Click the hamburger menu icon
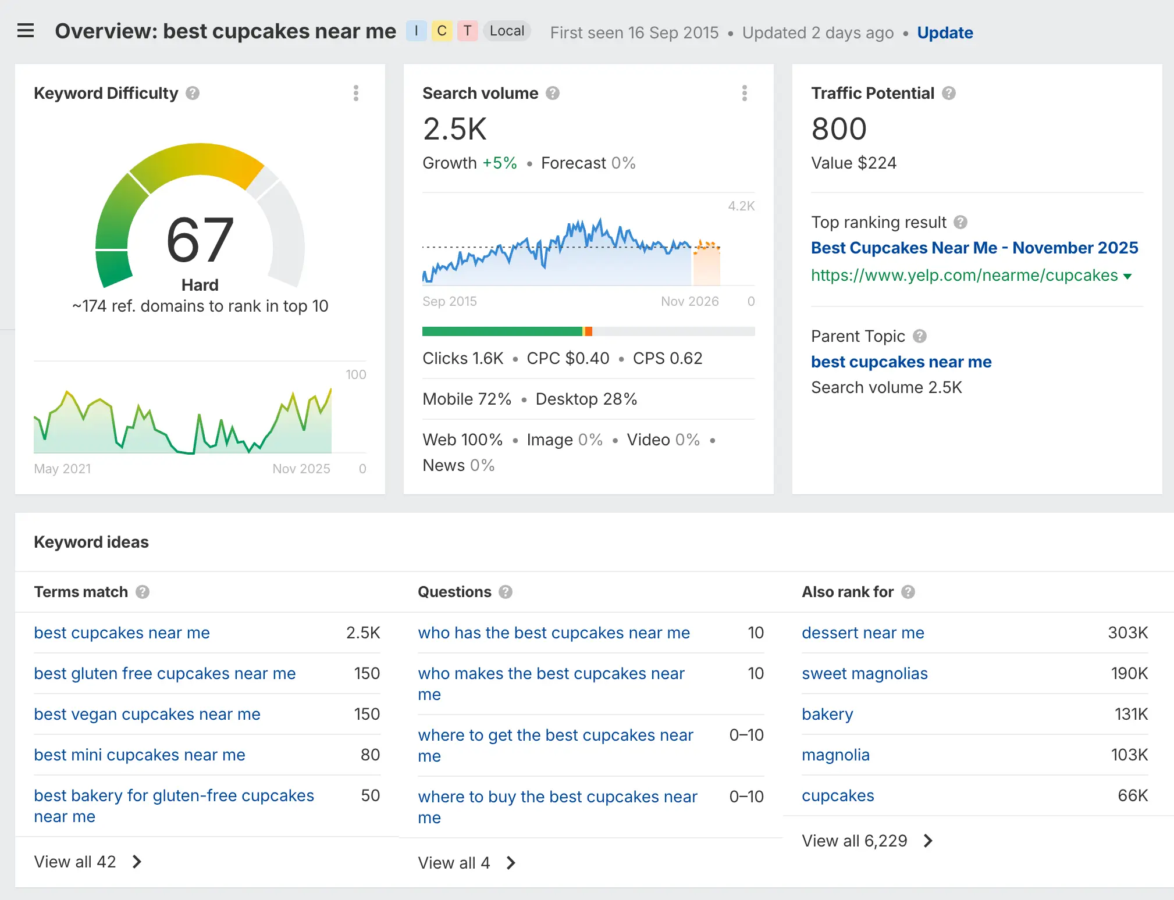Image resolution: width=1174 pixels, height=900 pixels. [x=26, y=31]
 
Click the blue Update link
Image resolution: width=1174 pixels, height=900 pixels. [x=945, y=33]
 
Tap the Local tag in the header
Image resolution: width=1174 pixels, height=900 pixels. [x=507, y=31]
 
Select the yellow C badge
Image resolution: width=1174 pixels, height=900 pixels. [x=442, y=31]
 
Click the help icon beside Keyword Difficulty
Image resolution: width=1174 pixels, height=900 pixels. [x=193, y=93]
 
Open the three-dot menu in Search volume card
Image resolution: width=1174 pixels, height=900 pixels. [x=744, y=93]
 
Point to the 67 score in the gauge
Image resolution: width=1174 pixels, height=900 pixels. [x=200, y=240]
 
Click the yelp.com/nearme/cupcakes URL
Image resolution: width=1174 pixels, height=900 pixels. [x=964, y=275]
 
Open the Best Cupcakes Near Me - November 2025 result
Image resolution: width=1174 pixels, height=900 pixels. [x=974, y=248]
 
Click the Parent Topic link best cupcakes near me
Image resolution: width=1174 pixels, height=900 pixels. [x=901, y=362]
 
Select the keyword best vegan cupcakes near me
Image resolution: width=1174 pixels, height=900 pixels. [x=147, y=714]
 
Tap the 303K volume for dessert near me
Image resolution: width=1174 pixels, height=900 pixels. [x=1127, y=633]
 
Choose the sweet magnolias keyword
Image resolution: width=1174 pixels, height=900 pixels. [x=865, y=673]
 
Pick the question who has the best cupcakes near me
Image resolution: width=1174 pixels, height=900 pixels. [x=553, y=633]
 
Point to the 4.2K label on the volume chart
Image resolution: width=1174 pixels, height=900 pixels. [x=741, y=206]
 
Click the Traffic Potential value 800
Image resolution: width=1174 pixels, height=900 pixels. [x=839, y=128]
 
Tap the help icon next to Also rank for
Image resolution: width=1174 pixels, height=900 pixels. [x=908, y=592]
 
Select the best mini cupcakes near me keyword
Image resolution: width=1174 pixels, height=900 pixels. [x=140, y=755]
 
